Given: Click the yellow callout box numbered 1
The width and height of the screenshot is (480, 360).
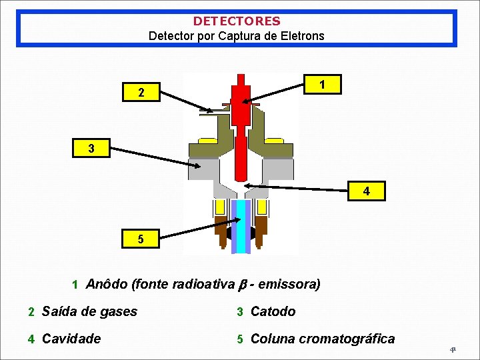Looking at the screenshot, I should tap(323, 85).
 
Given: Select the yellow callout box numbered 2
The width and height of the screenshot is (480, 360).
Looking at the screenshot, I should tap(141, 93).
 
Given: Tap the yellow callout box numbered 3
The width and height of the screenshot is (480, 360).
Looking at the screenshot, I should tap(91, 148).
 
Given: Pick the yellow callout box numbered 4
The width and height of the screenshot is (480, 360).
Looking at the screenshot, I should tap(366, 191).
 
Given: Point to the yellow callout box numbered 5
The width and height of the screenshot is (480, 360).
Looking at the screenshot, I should tap(141, 239).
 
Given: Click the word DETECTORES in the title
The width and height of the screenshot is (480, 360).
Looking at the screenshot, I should tap(237, 21).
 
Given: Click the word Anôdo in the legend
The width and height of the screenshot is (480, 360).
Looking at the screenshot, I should tap(107, 285).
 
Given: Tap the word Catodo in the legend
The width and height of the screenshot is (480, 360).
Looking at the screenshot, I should tap(273, 311).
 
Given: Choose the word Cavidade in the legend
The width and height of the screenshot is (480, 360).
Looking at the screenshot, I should tap(71, 339).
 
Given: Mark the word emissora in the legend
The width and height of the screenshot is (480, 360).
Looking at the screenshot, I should tap(289, 285).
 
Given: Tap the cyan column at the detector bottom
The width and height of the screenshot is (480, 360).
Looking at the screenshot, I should tap(241, 227).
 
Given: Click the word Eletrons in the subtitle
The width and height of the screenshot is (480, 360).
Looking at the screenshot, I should tap(304, 35).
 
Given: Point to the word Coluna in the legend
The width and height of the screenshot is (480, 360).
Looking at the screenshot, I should tap(273, 339).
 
